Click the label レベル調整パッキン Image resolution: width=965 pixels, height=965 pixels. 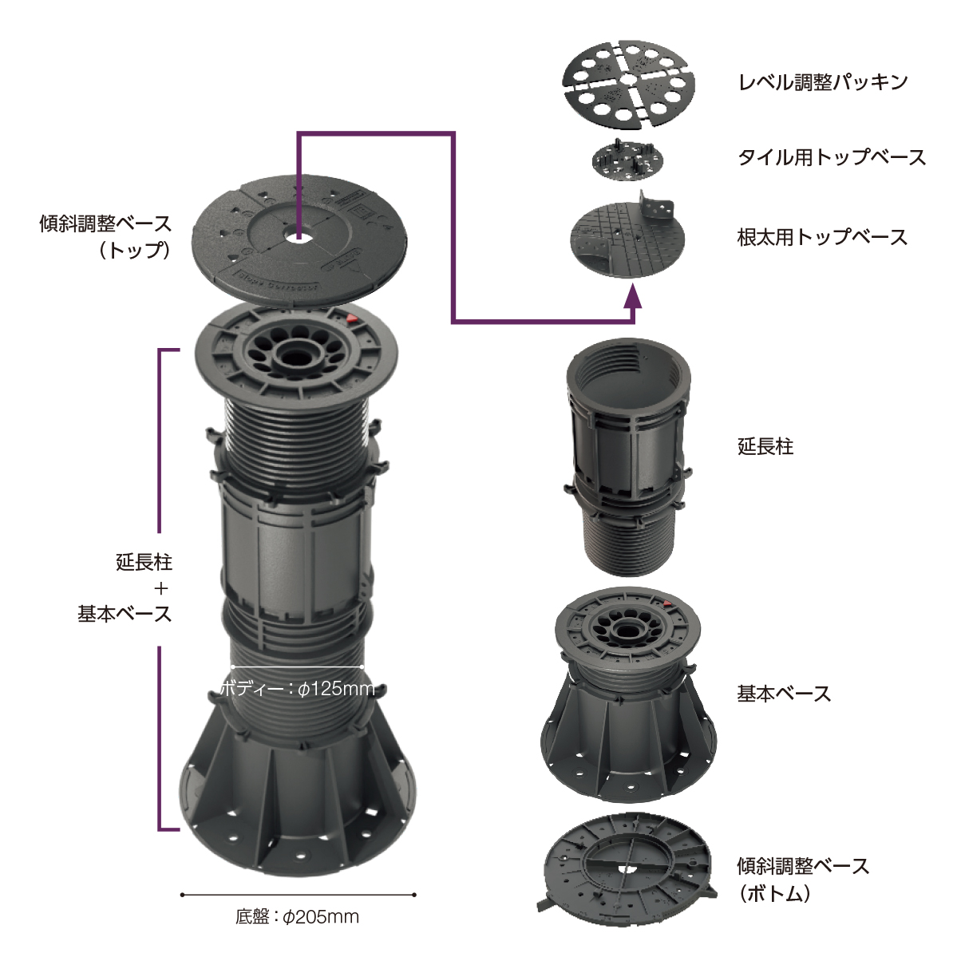(822, 82)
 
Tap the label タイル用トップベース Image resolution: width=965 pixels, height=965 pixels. (831, 158)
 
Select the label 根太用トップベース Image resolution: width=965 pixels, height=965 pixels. (822, 237)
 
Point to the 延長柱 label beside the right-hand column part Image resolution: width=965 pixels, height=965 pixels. (765, 446)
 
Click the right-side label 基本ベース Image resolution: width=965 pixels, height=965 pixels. (784, 694)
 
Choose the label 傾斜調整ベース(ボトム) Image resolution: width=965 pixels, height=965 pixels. (803, 880)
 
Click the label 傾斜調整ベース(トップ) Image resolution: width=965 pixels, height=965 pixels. (105, 236)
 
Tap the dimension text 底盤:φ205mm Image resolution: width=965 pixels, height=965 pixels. (298, 916)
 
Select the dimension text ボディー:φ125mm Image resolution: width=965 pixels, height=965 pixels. (298, 689)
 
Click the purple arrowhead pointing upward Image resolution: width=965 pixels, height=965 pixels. (634, 295)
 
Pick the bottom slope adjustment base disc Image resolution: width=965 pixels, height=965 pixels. (627, 872)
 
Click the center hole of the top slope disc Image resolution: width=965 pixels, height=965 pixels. (298, 236)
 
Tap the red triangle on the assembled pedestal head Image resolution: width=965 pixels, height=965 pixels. (352, 318)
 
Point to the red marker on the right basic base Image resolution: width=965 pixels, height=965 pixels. (667, 603)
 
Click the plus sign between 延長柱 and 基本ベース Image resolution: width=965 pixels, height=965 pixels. (160, 588)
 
